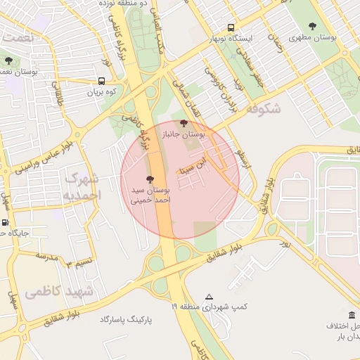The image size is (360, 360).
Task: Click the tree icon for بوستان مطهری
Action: (313, 26)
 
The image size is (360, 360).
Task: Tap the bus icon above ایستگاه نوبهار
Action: (231, 27)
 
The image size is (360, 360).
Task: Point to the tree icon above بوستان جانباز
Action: (184, 123)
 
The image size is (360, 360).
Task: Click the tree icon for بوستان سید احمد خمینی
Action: (150, 179)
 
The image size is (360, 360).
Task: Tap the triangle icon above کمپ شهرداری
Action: (209, 297)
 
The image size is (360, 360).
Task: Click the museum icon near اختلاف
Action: (352, 314)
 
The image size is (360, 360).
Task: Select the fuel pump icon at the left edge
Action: (6, 223)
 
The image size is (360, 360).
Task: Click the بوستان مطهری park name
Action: (335, 35)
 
